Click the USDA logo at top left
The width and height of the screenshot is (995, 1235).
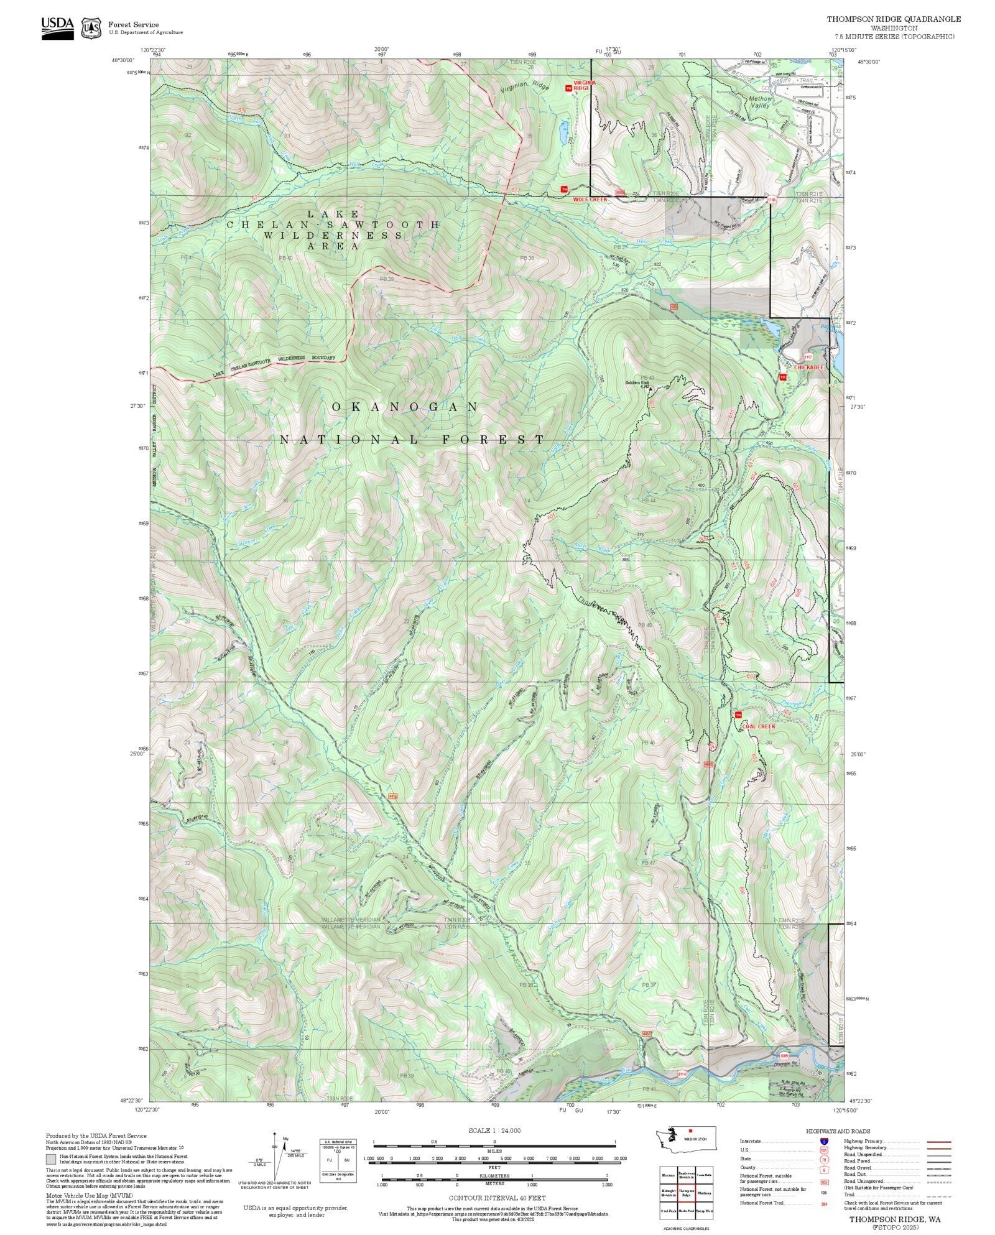tap(57, 28)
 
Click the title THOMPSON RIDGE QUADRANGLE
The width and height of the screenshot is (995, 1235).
tap(893, 19)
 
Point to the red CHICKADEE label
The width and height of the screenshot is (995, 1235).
tap(808, 368)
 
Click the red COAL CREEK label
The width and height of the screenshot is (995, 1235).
tap(758, 726)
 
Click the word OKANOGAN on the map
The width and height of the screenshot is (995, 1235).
tap(405, 407)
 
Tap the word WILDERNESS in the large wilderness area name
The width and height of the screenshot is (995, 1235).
tap(333, 236)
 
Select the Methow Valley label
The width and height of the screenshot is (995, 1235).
tap(760, 102)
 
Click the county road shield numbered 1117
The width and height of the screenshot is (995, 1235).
tap(808, 357)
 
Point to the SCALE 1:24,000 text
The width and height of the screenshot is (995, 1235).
tap(494, 1131)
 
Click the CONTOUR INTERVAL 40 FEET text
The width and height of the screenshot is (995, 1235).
tap(497, 1198)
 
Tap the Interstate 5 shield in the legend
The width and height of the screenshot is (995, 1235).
tap(824, 1142)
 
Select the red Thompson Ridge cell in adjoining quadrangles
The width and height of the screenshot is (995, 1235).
tap(687, 1190)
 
